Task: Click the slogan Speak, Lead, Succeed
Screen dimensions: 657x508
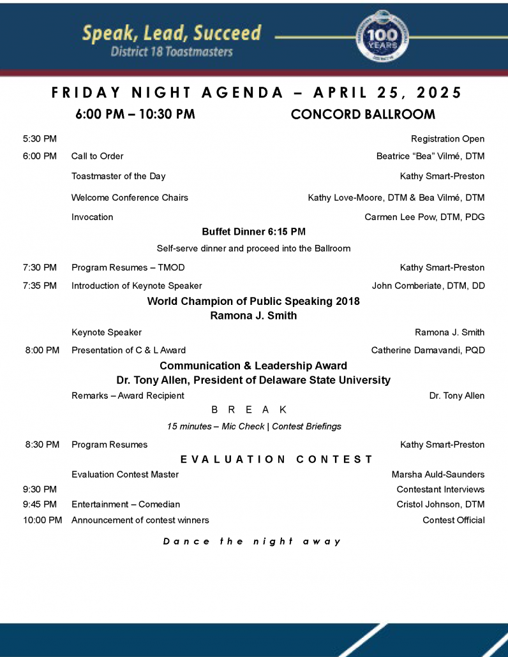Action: pos(172,34)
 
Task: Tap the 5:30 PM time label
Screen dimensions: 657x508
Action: pos(40,138)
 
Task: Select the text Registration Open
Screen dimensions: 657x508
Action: pos(447,138)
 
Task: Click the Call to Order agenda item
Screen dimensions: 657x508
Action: pos(97,156)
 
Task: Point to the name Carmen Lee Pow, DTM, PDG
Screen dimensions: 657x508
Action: pos(424,217)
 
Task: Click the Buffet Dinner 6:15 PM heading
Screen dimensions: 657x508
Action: pos(253,232)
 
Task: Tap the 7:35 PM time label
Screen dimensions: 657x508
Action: pos(40,286)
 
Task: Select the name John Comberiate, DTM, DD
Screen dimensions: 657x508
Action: pos(428,286)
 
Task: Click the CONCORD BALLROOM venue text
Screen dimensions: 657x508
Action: pos(363,114)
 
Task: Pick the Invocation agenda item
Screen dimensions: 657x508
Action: pos(92,217)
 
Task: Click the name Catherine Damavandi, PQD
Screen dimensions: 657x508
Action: pos(428,350)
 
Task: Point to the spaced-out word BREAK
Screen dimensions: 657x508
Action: pos(249,410)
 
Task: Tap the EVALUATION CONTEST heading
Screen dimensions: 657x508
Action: pos(276,459)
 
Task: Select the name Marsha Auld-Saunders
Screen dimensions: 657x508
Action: pos(438,475)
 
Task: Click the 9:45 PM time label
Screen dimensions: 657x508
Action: pos(40,505)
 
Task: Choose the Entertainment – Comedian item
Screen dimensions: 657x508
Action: pos(126,505)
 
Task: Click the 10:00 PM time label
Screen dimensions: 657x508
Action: pos(42,520)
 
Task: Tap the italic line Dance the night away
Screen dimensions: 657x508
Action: pos(252,542)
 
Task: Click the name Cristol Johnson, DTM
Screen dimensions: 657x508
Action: pos(440,505)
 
